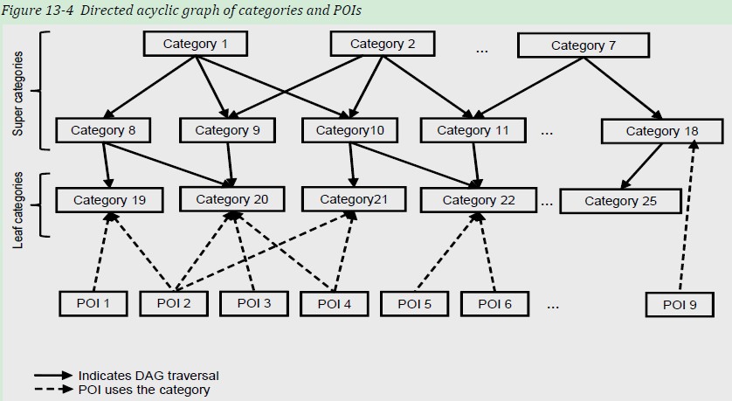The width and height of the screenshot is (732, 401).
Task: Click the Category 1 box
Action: [195, 45]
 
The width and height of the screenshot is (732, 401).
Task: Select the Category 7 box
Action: [583, 45]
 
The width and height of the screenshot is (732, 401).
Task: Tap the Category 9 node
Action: [227, 131]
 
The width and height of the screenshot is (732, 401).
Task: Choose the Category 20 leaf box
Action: [231, 199]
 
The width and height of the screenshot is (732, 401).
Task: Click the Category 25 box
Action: [620, 201]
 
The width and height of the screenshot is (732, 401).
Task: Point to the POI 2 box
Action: [174, 303]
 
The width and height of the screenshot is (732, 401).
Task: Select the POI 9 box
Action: [680, 304]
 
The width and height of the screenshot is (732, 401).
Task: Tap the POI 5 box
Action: [414, 303]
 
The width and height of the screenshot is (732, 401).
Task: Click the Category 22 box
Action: [479, 200]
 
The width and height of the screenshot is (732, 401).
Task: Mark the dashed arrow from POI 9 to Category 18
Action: [687, 218]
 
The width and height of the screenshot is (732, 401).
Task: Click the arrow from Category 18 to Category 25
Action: [642, 166]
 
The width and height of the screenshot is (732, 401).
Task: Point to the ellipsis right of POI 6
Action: [553, 306]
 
